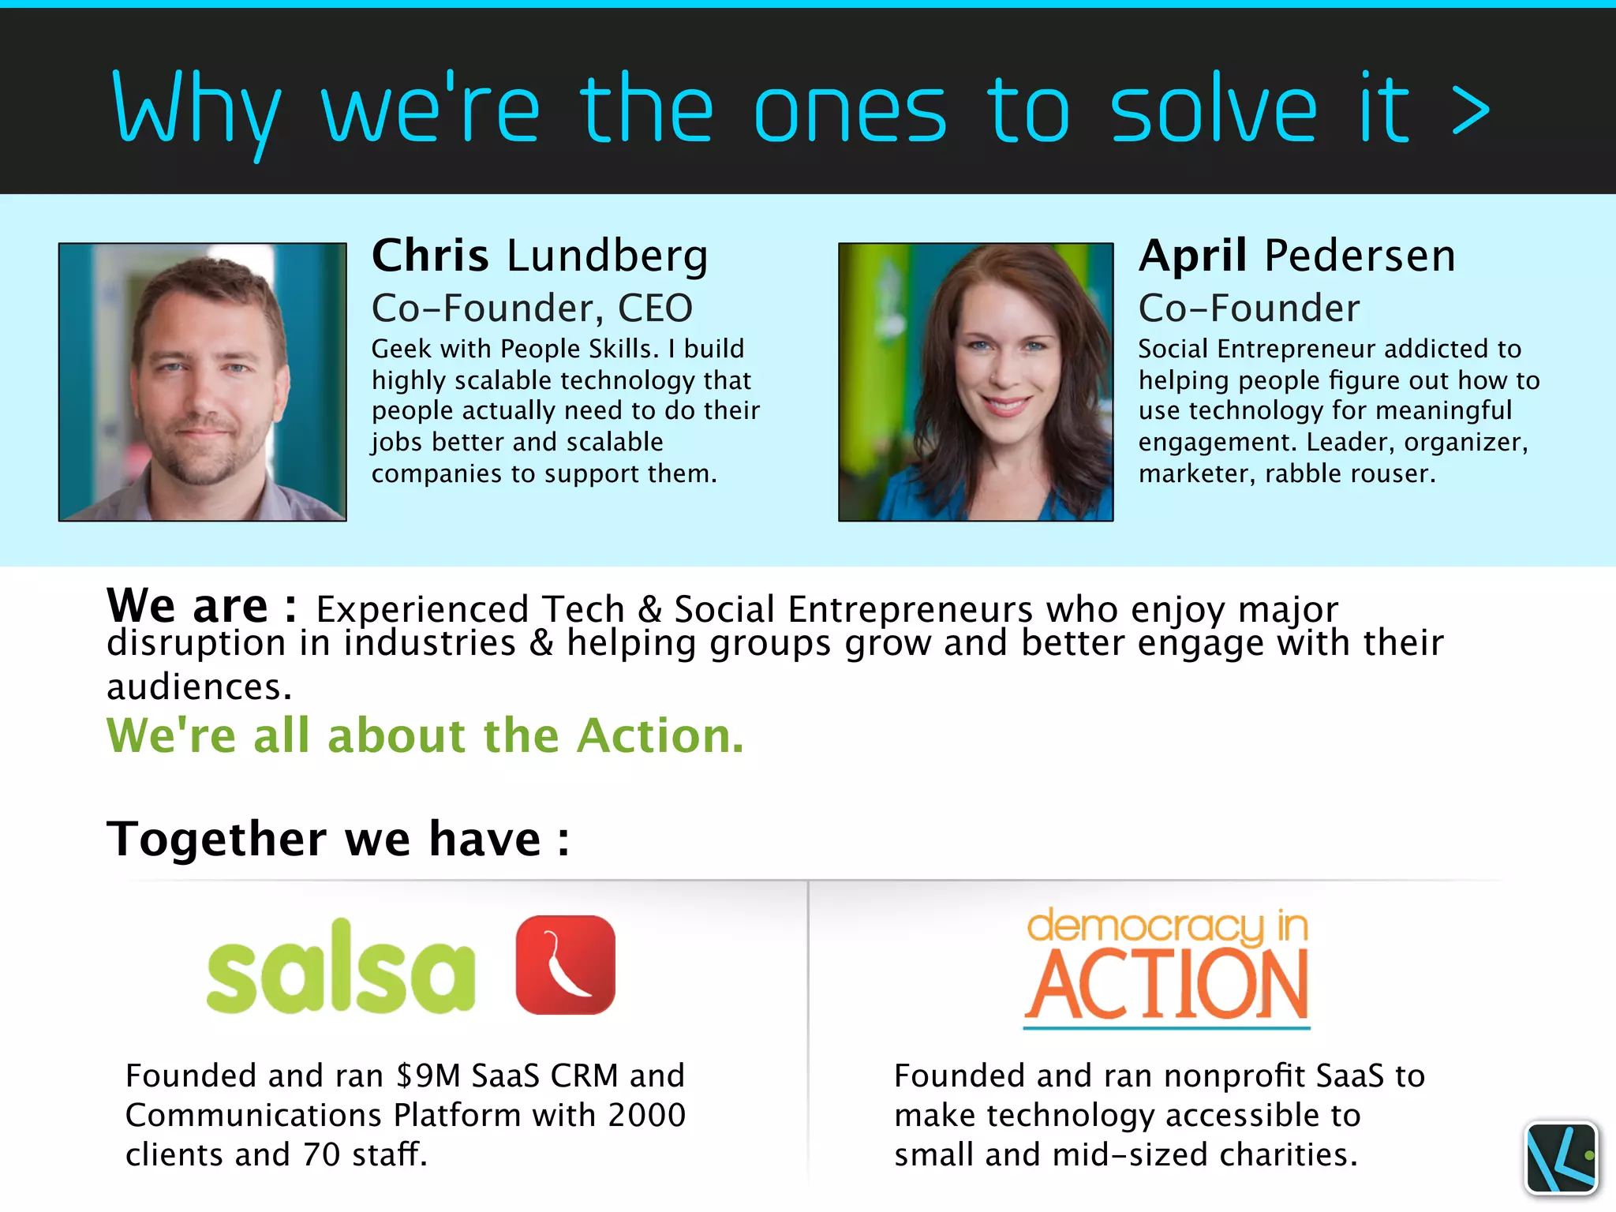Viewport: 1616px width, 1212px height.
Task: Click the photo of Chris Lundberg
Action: click(x=202, y=382)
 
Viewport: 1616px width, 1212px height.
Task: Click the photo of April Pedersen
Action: click(x=975, y=382)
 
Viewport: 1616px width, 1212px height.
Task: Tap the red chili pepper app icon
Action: click(x=565, y=964)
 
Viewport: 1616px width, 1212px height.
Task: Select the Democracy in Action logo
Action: click(x=1166, y=967)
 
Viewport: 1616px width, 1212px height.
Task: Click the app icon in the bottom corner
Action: click(x=1561, y=1157)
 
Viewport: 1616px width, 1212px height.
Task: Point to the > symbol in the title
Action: click(x=1471, y=110)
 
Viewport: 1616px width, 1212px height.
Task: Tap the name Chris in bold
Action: click(x=430, y=256)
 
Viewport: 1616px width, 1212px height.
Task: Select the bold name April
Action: click(x=1192, y=257)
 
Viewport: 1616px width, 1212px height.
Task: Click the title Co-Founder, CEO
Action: click(x=532, y=308)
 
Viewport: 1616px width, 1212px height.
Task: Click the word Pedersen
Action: click(x=1360, y=256)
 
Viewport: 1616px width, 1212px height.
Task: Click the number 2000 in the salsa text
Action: click(x=647, y=1115)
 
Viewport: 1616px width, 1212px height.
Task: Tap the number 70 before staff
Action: click(x=321, y=1154)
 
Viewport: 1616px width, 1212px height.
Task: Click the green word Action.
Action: click(x=660, y=735)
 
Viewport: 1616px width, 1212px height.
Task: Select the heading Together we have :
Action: click(x=338, y=838)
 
